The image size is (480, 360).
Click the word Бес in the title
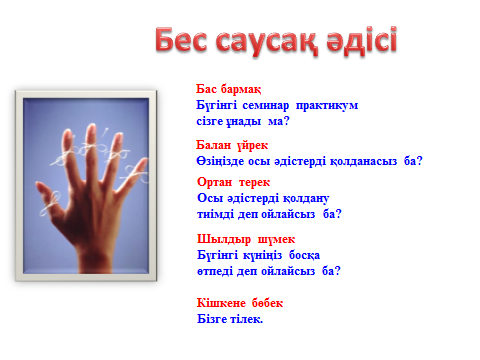[x=181, y=40]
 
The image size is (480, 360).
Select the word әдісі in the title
[x=362, y=40]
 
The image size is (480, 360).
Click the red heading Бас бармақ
[x=229, y=89]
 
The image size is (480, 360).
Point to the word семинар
[x=266, y=105]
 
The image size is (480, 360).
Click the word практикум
[x=327, y=106]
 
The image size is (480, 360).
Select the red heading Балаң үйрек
[x=232, y=145]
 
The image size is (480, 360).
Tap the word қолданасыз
[x=364, y=161]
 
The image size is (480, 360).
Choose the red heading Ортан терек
[x=233, y=182]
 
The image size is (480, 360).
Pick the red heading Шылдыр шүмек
[x=246, y=239]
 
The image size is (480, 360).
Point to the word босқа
[x=304, y=255]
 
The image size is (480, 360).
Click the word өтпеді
[x=215, y=271]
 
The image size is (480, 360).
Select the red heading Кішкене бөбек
[x=240, y=303]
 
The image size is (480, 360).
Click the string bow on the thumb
[x=51, y=203]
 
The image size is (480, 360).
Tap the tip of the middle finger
[x=91, y=127]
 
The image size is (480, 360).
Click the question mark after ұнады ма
[x=286, y=121]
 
